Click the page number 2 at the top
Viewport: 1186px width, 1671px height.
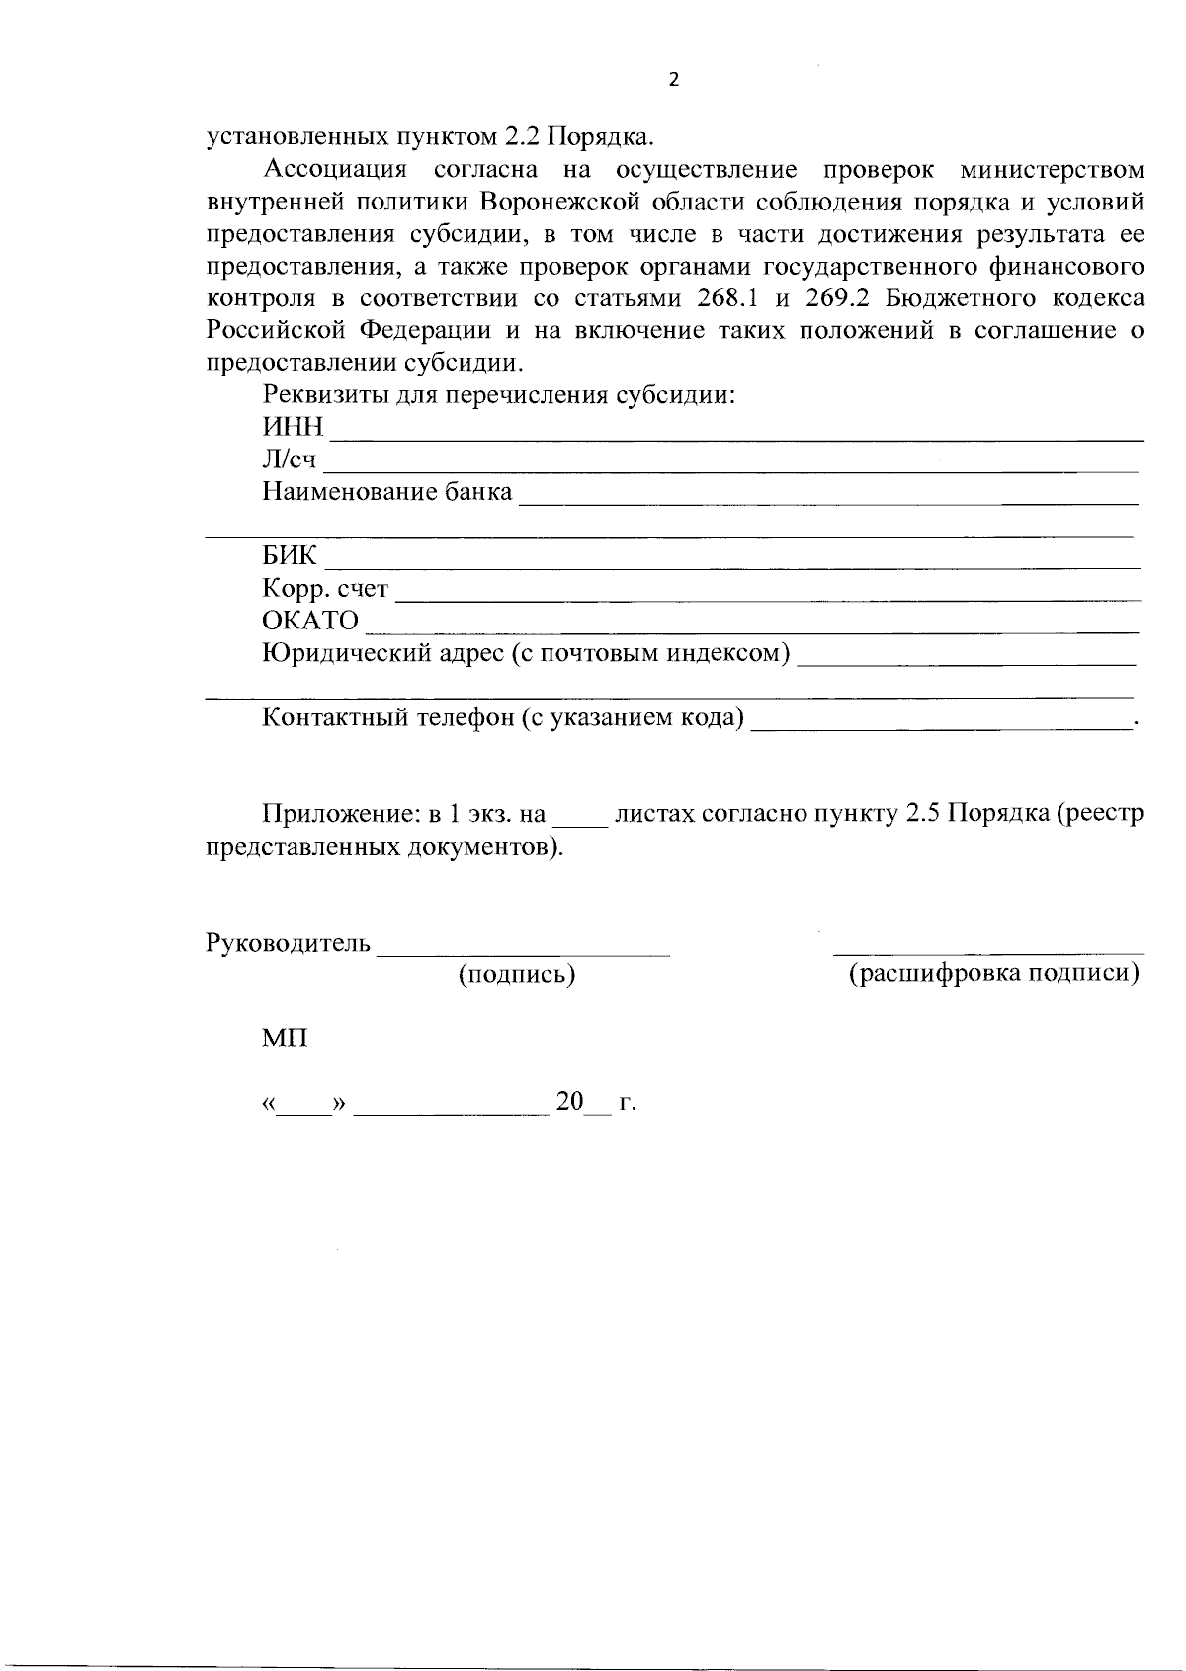674,81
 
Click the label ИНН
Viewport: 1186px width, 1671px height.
293,427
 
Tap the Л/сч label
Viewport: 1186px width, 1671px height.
290,460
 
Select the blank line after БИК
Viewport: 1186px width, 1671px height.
731,566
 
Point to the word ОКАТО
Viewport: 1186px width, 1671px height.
310,621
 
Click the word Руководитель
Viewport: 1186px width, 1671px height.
288,943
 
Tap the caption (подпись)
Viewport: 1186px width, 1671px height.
517,975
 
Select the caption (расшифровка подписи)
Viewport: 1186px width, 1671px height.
994,974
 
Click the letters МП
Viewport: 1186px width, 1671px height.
285,1039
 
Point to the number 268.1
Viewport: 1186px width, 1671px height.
727,298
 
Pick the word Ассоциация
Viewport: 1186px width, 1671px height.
335,170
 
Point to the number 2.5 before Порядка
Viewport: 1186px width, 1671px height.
922,815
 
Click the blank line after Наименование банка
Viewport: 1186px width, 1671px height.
828,503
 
